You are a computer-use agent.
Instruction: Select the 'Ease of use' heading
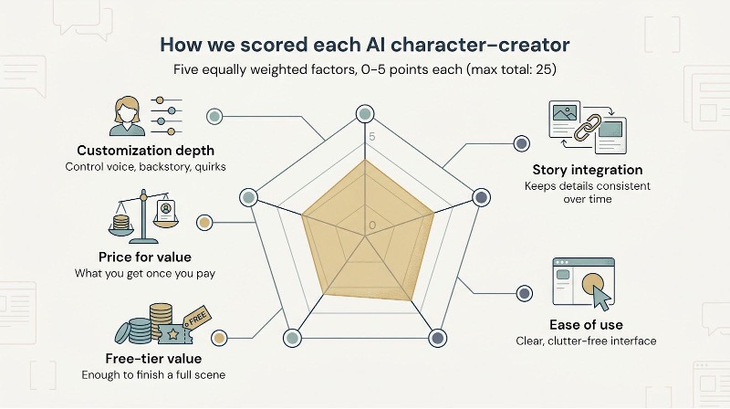(x=584, y=324)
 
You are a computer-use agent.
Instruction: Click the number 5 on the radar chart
(x=371, y=136)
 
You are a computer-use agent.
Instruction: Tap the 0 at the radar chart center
(x=371, y=225)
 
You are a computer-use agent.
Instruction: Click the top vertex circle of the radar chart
(x=365, y=114)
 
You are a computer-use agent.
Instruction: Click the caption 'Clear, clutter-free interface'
(x=584, y=341)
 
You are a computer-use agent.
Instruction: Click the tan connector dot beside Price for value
(x=204, y=222)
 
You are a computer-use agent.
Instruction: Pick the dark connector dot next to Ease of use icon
(x=524, y=293)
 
